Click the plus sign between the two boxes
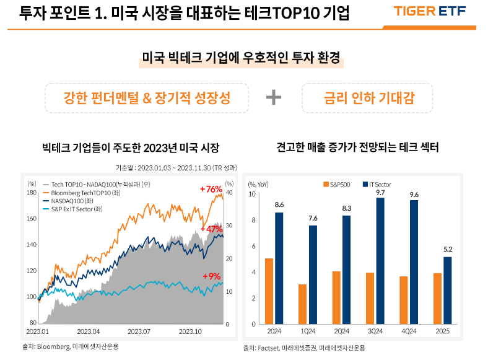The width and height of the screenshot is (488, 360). [273, 97]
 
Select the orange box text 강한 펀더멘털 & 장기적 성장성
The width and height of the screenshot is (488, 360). [147, 97]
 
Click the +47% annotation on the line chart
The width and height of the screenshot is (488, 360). [211, 229]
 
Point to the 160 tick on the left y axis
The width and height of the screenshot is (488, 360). [32, 219]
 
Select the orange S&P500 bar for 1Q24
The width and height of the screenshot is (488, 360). [302, 304]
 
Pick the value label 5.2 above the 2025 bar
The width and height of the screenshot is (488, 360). [447, 249]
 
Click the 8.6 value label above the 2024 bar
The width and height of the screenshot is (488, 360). [279, 204]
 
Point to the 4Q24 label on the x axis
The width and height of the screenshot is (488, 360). [409, 332]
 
